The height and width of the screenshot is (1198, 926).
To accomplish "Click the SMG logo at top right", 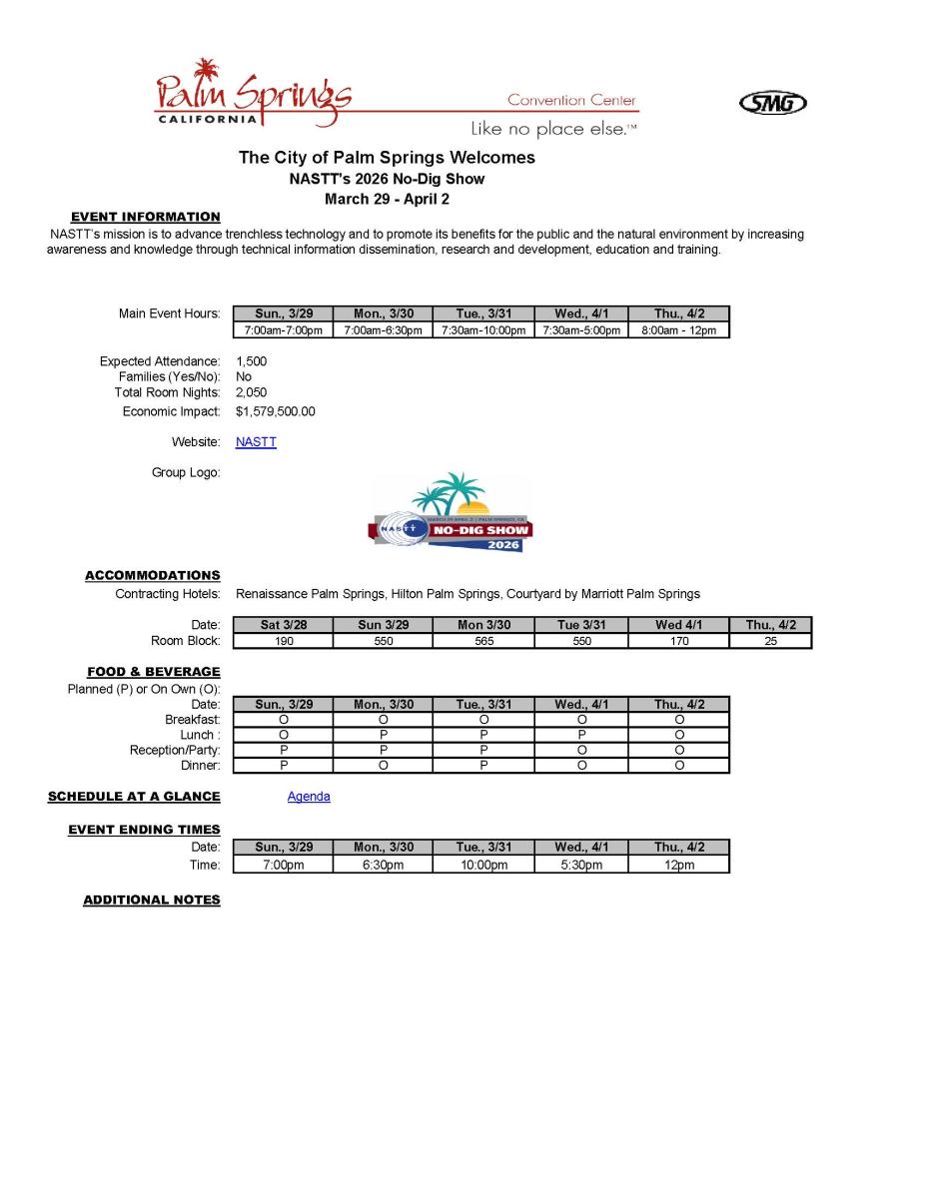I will pos(772,103).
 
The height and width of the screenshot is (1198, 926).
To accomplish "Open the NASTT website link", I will pos(256,442).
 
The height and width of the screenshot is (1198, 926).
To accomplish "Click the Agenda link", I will pos(309,797).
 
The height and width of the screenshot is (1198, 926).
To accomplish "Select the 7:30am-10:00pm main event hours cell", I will pos(483,330).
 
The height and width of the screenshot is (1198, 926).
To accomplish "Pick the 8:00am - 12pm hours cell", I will pos(679,330).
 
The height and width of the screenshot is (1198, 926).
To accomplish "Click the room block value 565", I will pos(483,641).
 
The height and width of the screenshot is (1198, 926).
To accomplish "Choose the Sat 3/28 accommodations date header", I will pos(284,625).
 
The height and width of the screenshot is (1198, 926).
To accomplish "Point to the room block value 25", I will pos(770,641).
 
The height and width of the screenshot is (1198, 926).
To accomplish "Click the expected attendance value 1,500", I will pos(252,361).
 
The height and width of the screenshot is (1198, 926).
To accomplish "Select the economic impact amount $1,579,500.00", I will pos(276,411).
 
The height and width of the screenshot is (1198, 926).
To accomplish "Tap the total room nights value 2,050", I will pos(252,393).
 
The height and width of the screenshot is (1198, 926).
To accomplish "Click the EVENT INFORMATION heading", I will pos(146,217).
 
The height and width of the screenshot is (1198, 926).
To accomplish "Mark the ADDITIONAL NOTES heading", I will pos(152,900).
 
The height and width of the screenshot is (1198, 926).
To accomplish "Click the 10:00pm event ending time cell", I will pos(483,865).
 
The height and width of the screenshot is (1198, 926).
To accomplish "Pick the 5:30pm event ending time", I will pos(581,865).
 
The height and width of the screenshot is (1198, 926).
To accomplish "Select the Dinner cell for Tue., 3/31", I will pos(483,766).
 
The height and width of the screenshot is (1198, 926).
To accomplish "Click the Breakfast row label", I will pos(193,720).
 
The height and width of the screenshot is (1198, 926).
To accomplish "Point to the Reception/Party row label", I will pos(175,751).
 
